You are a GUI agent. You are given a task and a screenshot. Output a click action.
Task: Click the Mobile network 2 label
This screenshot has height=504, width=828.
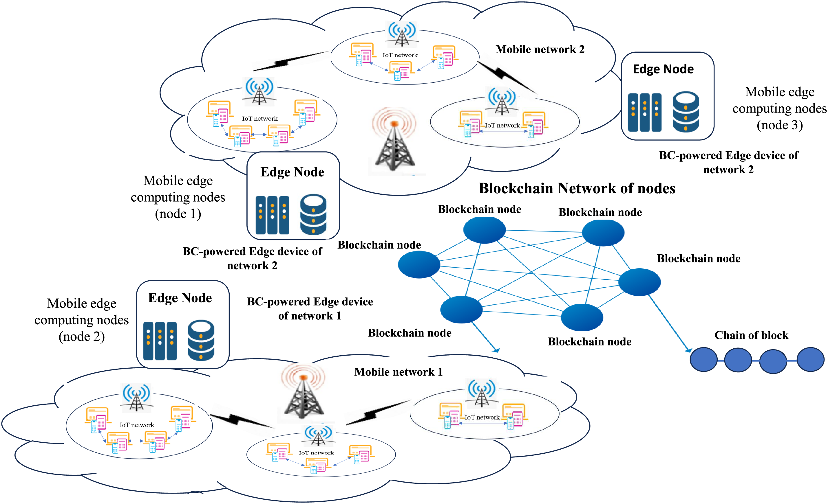click(x=540, y=49)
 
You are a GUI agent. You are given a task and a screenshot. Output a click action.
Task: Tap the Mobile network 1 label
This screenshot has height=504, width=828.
click(x=398, y=372)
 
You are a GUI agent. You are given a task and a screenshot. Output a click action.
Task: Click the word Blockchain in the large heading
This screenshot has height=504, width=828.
click(x=516, y=188)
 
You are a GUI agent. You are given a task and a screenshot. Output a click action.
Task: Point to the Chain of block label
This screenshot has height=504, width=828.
click(x=751, y=335)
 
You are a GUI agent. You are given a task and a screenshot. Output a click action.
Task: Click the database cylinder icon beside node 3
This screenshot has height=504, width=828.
click(x=686, y=112)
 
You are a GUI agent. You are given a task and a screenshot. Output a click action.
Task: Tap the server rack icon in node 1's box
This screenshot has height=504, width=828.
click(x=272, y=215)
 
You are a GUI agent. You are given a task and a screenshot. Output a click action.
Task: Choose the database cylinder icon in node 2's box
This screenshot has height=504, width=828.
click(x=201, y=340)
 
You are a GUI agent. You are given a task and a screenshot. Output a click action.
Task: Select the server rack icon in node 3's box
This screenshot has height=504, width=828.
click(x=644, y=112)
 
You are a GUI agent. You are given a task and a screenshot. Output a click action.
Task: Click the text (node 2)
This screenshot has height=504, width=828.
click(x=82, y=336)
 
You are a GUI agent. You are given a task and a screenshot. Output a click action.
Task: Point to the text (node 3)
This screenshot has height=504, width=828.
click(x=780, y=125)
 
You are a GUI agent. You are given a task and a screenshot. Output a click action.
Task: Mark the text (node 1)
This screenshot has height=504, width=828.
click(x=178, y=214)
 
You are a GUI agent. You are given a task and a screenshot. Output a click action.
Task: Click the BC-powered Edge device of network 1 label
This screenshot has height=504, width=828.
click(x=310, y=309)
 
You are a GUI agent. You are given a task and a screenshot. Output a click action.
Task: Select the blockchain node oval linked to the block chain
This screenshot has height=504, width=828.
click(x=639, y=282)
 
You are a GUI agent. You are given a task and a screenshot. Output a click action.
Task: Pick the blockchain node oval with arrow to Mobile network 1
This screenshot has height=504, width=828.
click(x=461, y=310)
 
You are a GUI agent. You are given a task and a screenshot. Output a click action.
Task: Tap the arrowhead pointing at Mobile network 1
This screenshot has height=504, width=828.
click(x=496, y=350)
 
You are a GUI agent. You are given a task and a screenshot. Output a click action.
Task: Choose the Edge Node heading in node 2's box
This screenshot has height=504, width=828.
click(x=180, y=298)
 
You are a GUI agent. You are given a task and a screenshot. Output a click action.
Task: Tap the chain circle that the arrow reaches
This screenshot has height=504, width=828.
click(x=703, y=360)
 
